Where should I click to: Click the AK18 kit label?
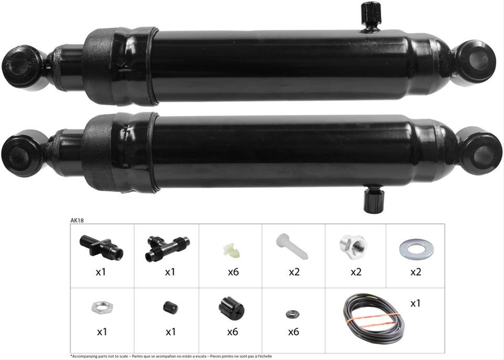[x=77, y=220]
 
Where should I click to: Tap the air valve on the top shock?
[x=371, y=16]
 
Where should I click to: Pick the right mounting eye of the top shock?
[x=476, y=61]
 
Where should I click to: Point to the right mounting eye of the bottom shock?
[x=480, y=151]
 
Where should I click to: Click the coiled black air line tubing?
[x=373, y=318]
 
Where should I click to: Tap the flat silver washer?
[x=416, y=249]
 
